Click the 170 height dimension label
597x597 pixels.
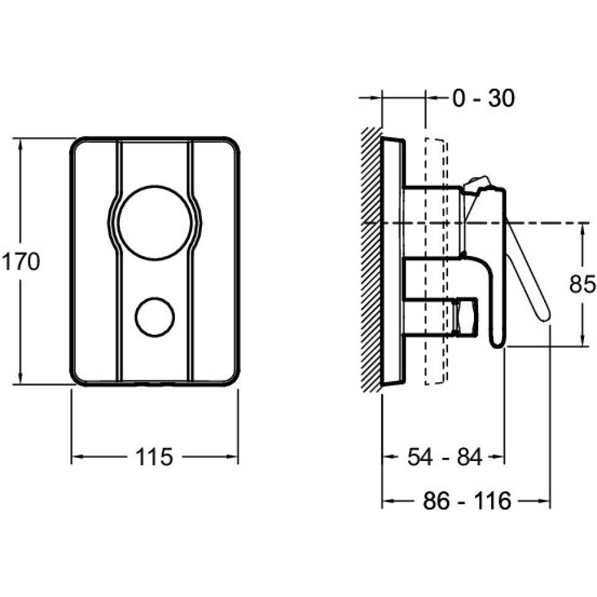point(20,262)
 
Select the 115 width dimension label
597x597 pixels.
point(153,457)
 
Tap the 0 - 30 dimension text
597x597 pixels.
point(483,98)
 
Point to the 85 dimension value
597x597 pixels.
point(582,284)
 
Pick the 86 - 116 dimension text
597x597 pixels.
point(467,501)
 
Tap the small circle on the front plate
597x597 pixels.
point(154,317)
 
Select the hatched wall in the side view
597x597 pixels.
point(371,258)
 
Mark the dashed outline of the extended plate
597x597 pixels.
point(436,262)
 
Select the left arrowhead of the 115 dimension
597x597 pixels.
point(77,457)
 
